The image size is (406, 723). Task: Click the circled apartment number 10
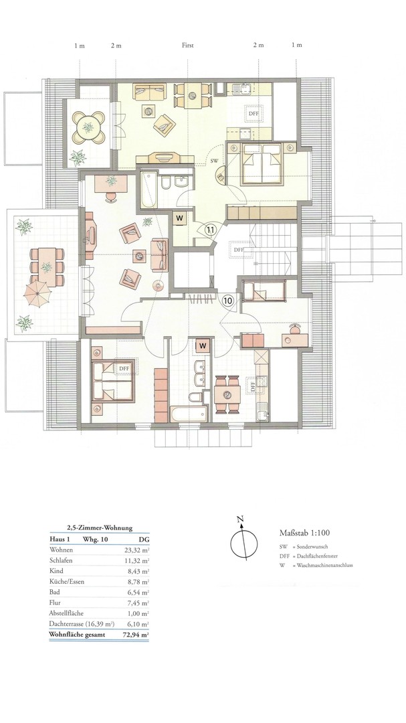[227, 301]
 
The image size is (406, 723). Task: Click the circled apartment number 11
[211, 229]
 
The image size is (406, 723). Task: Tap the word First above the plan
[187, 46]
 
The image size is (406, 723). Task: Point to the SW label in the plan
[214, 161]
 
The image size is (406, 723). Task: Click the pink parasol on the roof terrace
[37, 295]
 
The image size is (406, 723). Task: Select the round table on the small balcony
[87, 125]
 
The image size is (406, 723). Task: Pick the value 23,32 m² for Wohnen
[138, 550]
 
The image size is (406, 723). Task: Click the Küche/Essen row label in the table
[66, 582]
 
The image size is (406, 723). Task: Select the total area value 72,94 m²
[138, 635]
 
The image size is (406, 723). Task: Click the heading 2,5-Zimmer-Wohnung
[99, 528]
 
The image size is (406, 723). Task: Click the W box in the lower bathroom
[202, 345]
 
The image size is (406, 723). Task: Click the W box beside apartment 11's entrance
[180, 218]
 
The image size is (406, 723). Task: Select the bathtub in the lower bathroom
[189, 413]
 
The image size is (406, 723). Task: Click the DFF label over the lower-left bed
[124, 369]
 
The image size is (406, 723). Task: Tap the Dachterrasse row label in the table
[81, 625]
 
